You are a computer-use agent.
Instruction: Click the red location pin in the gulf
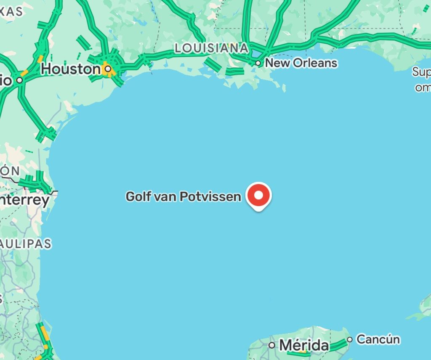pyautogui.click(x=259, y=196)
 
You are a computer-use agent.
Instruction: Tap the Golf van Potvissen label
pyautogui.click(x=184, y=196)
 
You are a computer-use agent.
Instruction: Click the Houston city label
pyautogui.click(x=70, y=69)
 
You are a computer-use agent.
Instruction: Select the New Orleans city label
pyautogui.click(x=301, y=63)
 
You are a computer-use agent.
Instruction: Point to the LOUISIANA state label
pyautogui.click(x=211, y=48)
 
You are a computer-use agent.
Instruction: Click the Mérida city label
pyautogui.click(x=303, y=345)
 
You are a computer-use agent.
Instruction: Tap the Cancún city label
pyautogui.click(x=378, y=339)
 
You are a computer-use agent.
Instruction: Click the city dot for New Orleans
pyautogui.click(x=258, y=64)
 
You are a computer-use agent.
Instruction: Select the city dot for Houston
pyautogui.click(x=108, y=68)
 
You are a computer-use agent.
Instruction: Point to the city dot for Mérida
pyautogui.click(x=272, y=345)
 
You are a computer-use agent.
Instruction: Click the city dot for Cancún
pyautogui.click(x=350, y=339)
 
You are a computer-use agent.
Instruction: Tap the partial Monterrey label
pyautogui.click(x=24, y=200)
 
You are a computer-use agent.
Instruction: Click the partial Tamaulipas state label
pyautogui.click(x=25, y=243)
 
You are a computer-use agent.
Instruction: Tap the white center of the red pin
pyautogui.click(x=259, y=195)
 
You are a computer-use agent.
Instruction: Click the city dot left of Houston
pyautogui.click(x=19, y=79)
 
